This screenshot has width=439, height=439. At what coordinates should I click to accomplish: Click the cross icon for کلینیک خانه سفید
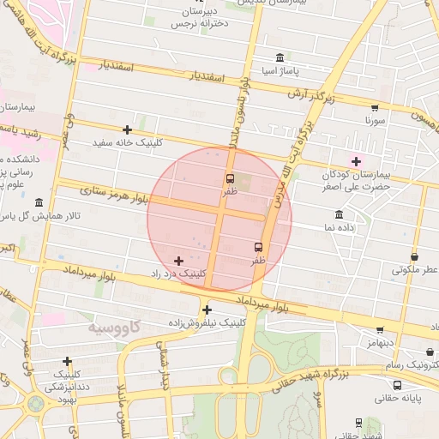click(127, 129)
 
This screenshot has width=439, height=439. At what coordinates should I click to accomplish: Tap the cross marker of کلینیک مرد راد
click(178, 261)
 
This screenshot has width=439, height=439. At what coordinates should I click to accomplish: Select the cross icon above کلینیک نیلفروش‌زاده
click(207, 310)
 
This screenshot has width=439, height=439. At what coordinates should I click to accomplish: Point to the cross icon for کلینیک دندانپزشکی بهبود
click(67, 361)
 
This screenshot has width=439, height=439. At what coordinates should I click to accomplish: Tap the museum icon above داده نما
click(339, 214)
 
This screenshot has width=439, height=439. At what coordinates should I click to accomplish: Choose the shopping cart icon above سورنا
click(374, 108)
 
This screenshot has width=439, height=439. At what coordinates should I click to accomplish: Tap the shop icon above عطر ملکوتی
click(415, 256)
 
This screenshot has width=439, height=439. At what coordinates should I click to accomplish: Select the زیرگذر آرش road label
click(308, 93)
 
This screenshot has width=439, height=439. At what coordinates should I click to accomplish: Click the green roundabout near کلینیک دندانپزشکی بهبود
click(37, 403)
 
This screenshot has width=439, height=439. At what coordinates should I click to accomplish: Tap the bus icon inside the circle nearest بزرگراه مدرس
click(258, 247)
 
